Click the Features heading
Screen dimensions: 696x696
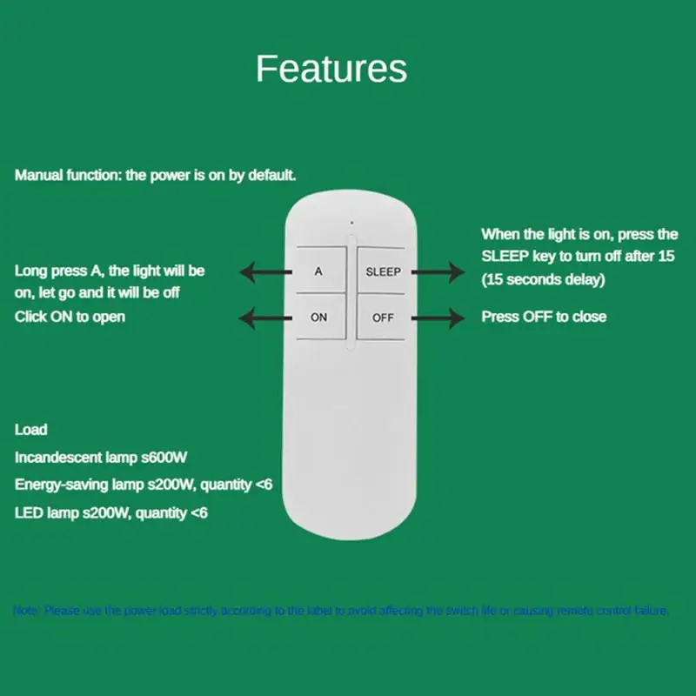point(331,69)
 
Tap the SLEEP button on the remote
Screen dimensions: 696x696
point(383,272)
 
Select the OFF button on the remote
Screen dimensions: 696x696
point(383,318)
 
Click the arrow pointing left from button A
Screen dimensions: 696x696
point(266,273)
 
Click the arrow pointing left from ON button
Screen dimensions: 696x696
point(266,317)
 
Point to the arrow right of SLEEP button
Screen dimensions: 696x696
point(438,273)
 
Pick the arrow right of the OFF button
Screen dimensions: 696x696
point(438,317)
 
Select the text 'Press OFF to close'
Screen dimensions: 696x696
point(544,317)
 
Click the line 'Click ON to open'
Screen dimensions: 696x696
point(70,317)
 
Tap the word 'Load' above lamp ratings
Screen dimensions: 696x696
point(31,430)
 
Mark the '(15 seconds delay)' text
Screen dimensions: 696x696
point(544,279)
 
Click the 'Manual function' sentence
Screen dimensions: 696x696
point(156,175)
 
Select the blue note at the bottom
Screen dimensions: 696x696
point(341,611)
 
